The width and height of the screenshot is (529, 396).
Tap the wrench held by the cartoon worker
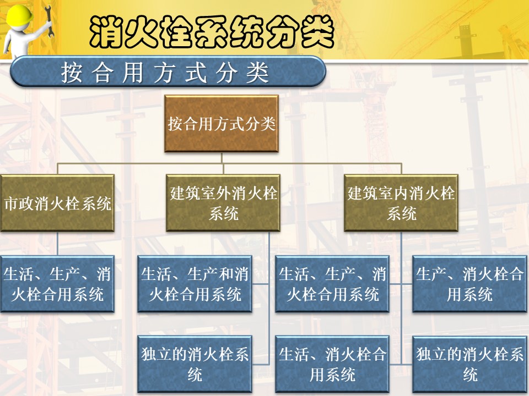[48, 21]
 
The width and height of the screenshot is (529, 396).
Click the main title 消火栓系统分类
[212, 32]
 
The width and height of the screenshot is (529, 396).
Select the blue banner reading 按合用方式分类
[168, 71]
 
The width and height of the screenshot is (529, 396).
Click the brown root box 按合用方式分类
[222, 124]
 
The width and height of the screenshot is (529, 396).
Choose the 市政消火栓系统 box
[57, 203]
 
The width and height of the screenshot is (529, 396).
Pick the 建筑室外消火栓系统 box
[223, 203]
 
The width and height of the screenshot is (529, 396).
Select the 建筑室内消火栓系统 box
[401, 203]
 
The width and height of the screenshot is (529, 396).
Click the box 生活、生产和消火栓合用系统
[195, 284]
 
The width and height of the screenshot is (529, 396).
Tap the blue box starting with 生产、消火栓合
[469, 284]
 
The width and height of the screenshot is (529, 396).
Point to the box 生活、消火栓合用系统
[332, 364]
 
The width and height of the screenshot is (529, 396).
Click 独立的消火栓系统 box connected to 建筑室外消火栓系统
[195, 364]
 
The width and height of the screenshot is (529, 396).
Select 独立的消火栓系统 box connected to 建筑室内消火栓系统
[469, 364]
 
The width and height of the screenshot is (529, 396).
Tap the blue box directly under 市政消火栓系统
[57, 284]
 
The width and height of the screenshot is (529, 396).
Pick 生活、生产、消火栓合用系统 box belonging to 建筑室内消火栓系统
[332, 284]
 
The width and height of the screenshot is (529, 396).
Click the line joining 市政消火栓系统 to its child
[57, 244]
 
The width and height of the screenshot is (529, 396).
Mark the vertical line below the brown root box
[222, 158]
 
